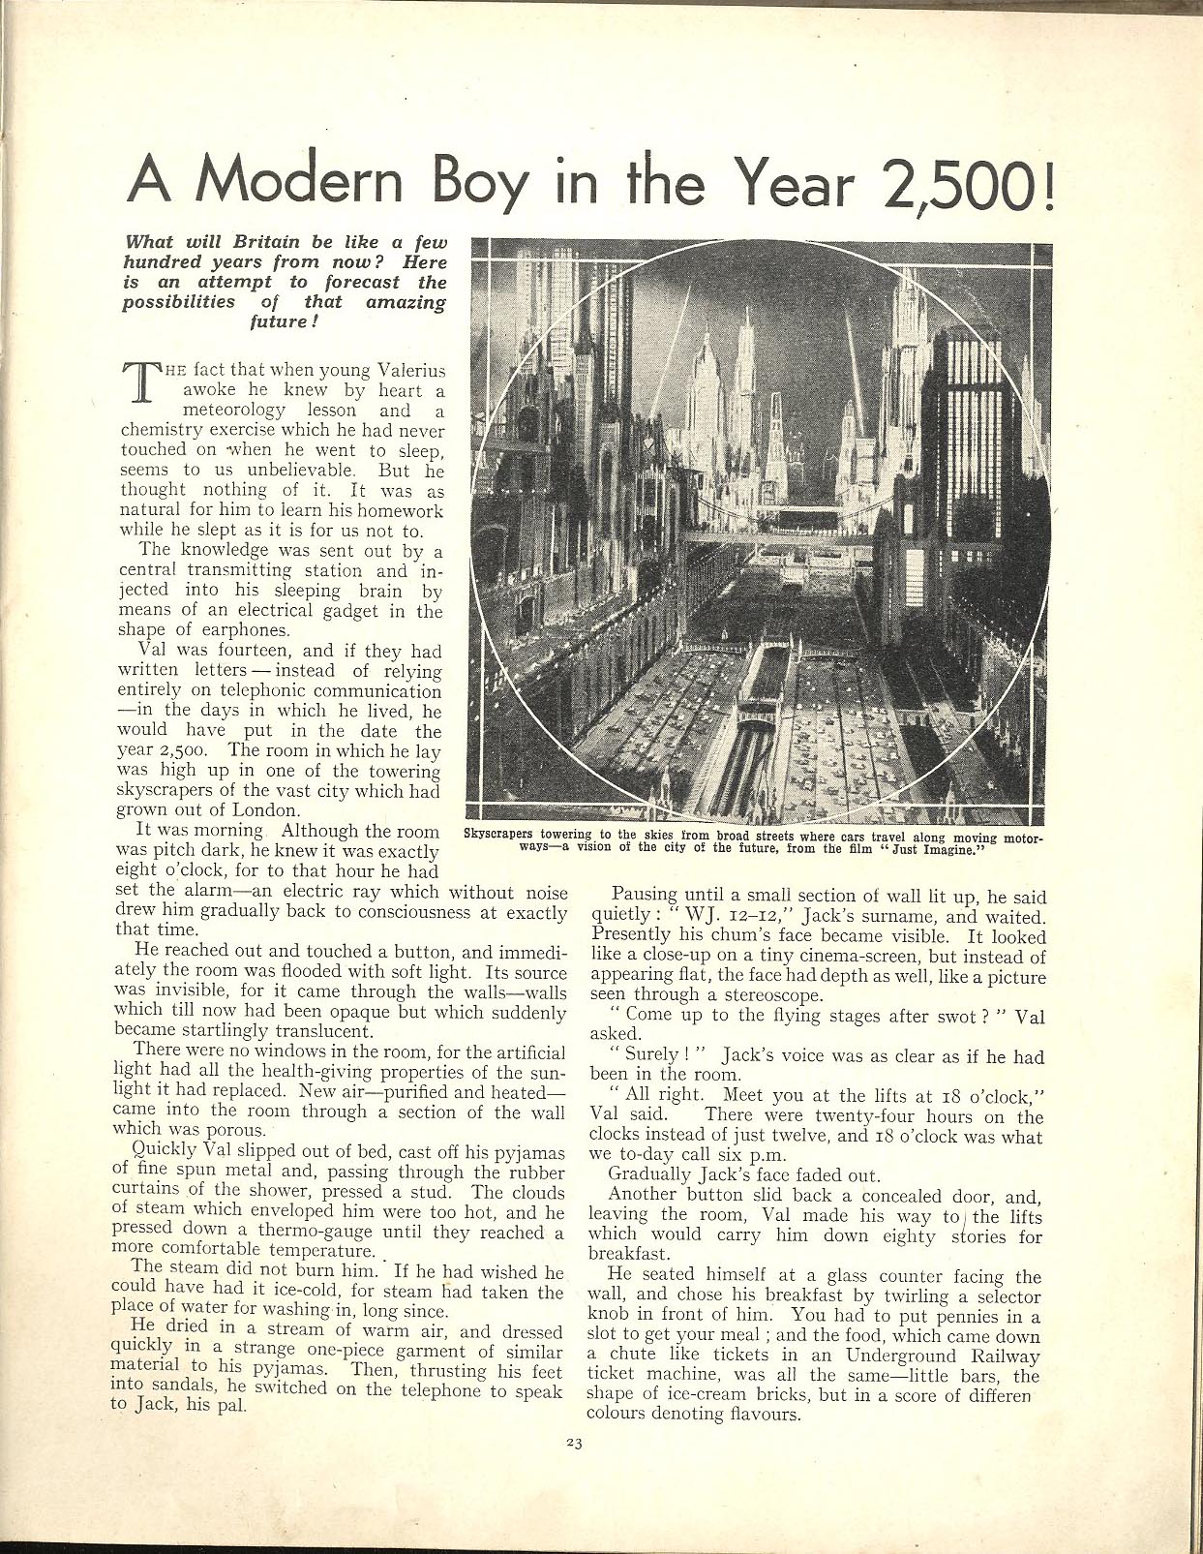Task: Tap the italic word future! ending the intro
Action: pyautogui.click(x=284, y=320)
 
